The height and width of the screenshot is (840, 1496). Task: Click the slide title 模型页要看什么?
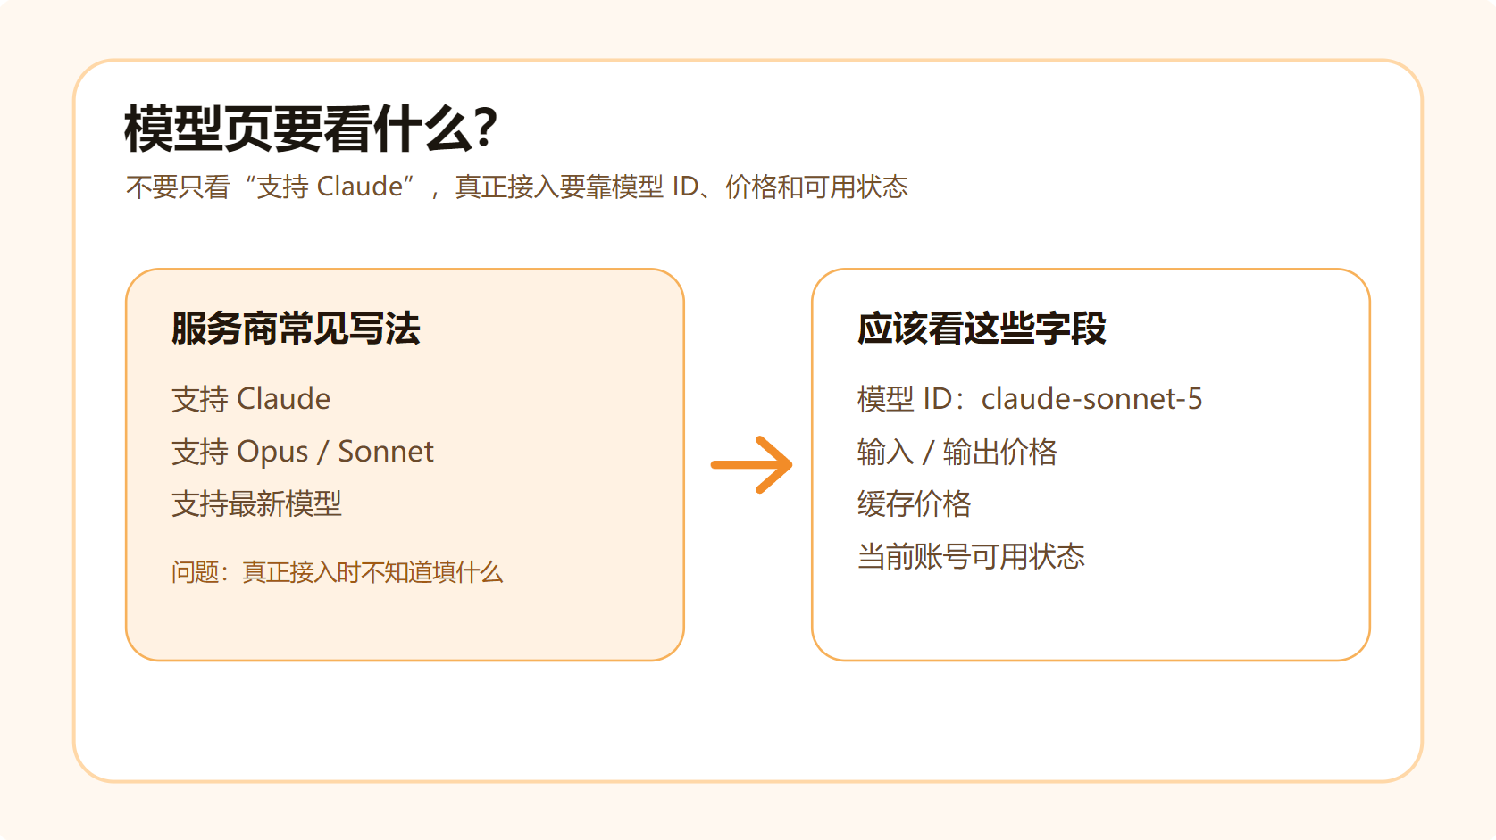point(311,129)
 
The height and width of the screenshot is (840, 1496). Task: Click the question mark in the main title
point(483,128)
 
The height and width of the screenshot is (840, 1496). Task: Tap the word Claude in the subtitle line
point(360,187)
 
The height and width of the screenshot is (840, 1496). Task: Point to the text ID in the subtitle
point(684,187)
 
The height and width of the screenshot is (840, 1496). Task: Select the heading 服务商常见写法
point(296,329)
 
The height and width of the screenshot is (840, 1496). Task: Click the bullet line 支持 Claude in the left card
point(251,399)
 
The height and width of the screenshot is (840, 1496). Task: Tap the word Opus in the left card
point(272,453)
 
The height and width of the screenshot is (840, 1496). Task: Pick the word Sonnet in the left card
point(386,452)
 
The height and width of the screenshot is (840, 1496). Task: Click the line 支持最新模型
point(256,503)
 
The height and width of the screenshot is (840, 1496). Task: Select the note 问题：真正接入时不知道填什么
point(338,572)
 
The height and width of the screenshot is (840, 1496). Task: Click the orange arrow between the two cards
point(751,465)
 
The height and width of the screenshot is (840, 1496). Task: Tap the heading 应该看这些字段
point(982,329)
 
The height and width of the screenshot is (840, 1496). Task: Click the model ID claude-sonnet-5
point(1091,399)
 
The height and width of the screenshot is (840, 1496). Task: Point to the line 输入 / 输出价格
point(957,452)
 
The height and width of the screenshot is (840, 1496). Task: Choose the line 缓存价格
point(915,503)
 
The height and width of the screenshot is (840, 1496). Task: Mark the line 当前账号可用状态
point(971,556)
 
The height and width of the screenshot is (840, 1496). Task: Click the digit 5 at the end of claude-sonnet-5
point(1194,399)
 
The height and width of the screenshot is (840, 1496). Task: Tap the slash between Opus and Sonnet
point(323,452)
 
